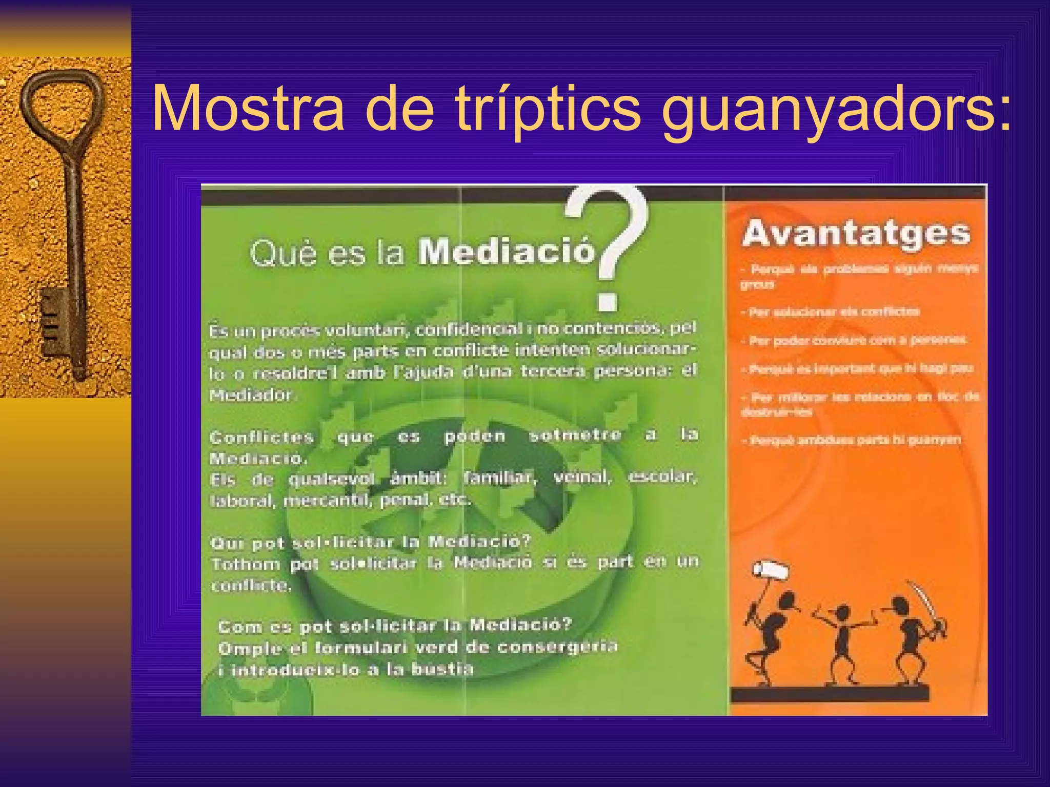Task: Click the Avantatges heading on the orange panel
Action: pos(856,234)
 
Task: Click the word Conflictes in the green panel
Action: pos(261,437)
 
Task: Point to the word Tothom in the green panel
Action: pos(246,564)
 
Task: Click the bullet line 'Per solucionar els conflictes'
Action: pos(834,312)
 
